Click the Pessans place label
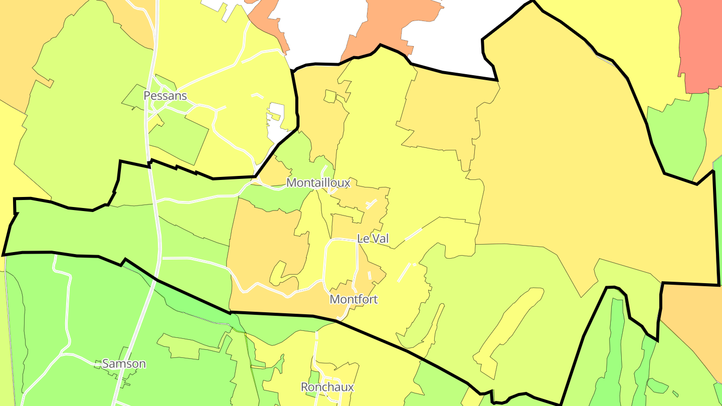coord(165,95)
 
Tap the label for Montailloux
coord(318,183)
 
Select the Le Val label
coord(373,239)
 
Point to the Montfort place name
coord(353,299)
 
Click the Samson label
coord(124,363)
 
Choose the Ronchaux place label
coord(327,387)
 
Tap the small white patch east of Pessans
coord(276,120)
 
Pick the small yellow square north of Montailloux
coord(330,96)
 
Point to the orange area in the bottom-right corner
coord(694,321)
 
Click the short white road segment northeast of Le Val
coord(413,234)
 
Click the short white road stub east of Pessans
coord(257,95)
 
